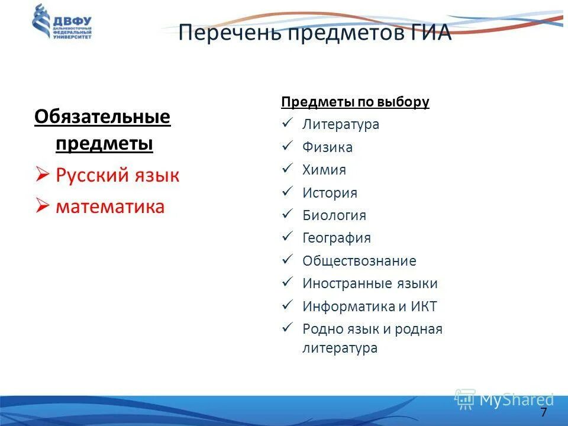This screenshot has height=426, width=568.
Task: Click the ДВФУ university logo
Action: tap(62, 22)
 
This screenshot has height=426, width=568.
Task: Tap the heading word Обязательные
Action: tap(102, 117)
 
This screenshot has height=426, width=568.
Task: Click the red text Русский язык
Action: tap(117, 176)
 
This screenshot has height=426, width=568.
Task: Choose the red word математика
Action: tap(110, 206)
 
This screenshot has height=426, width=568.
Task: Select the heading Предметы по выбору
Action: tap(355, 102)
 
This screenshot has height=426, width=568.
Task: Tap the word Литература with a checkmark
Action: tap(341, 125)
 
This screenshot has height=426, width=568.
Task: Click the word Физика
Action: tap(327, 147)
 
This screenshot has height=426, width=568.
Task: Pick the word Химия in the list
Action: tap(324, 170)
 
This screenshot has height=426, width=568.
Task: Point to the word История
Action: tap(330, 193)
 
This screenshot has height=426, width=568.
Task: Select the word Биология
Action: tap(334, 216)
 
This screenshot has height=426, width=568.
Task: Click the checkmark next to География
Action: tap(288, 237)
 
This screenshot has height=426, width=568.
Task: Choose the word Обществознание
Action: tap(359, 261)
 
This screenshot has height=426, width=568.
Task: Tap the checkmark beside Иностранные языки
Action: tap(288, 283)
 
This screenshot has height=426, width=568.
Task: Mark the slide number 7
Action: tap(543, 412)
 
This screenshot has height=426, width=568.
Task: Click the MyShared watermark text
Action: tap(516, 400)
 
